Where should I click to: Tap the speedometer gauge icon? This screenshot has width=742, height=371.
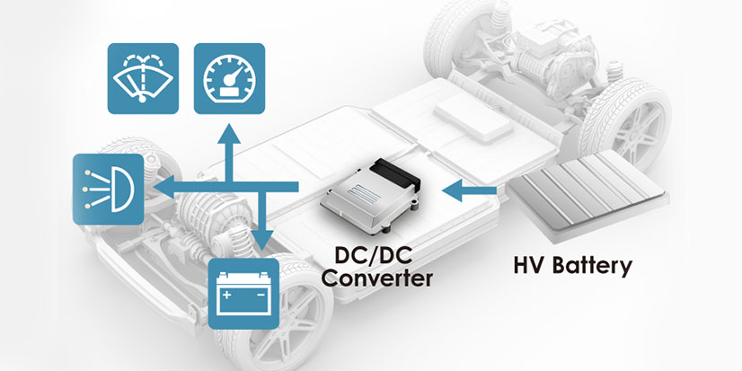(230, 78)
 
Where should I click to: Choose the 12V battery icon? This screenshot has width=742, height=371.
(243, 293)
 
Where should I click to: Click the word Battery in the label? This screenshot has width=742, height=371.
(594, 266)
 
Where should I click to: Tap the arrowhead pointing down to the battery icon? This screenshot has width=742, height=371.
(261, 241)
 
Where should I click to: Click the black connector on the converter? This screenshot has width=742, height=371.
(402, 168)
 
